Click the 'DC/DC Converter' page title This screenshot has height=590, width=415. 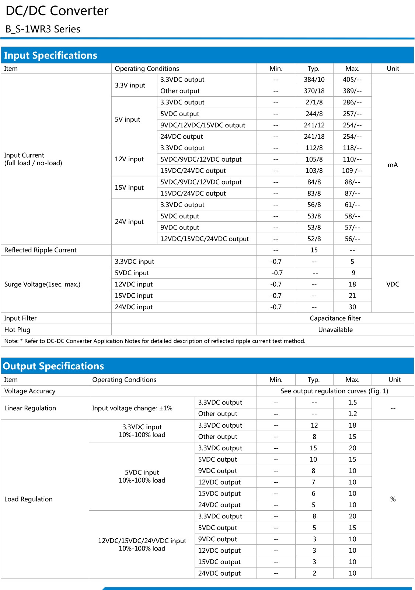point(57,11)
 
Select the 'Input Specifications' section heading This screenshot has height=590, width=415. point(50,55)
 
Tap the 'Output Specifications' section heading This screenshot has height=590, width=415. point(53,366)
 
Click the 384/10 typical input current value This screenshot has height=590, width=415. point(314,80)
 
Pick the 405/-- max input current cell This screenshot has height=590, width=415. point(352,80)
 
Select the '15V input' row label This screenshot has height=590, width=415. point(129,187)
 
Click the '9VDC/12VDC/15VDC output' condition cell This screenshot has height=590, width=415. point(203,125)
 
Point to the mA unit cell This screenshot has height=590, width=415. point(393,165)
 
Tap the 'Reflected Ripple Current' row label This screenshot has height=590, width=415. point(41,250)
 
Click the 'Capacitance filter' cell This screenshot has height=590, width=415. point(335,318)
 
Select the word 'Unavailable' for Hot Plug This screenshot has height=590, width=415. point(335,329)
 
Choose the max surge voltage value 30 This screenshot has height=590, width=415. point(352,307)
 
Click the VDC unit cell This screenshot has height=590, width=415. point(393,284)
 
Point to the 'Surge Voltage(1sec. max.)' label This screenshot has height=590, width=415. point(42,284)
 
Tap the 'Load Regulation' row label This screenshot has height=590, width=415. point(28,499)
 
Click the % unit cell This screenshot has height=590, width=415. point(393,499)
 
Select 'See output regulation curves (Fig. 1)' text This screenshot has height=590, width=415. point(334,391)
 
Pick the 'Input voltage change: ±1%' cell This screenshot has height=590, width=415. point(132,408)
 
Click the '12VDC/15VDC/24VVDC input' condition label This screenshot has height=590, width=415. point(142,541)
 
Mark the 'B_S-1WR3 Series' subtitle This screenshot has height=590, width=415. point(43,29)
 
